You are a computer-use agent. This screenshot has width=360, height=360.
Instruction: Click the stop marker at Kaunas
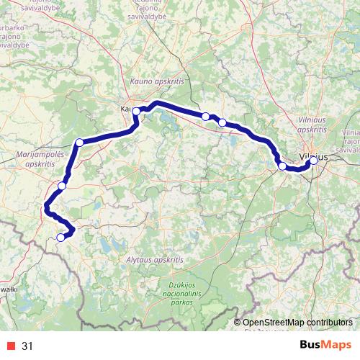(x=136, y=111)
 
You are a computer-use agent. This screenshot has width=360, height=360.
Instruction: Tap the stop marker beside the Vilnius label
(x=313, y=161)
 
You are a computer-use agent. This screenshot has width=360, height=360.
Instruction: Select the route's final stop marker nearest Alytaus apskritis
(x=60, y=237)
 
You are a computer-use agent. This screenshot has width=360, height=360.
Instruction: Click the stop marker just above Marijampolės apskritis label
(x=79, y=142)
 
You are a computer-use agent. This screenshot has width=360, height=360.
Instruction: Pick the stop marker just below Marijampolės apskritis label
(x=62, y=186)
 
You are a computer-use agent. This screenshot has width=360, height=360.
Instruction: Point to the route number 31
(x=27, y=346)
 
